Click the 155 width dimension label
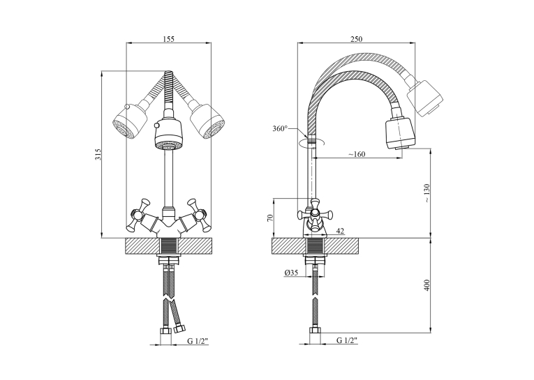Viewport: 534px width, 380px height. [169, 39]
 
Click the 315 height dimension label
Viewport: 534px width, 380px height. [98, 154]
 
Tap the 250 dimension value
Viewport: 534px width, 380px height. [356, 39]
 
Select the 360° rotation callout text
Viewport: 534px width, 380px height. [280, 128]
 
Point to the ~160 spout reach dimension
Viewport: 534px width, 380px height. [357, 154]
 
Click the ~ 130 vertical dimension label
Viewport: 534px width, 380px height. [427, 193]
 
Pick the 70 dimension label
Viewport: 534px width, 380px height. [270, 218]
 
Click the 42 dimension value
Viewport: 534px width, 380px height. [340, 231]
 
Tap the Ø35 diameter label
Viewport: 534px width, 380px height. [290, 273]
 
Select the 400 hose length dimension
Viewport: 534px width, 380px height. [427, 285]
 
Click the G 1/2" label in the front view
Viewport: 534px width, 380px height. [197, 341]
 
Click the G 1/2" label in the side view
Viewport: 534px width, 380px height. [347, 340]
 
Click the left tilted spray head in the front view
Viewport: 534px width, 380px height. [130, 122]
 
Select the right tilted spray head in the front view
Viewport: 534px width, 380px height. [207, 122]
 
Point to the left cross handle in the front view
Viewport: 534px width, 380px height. [139, 215]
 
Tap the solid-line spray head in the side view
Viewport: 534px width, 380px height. [400, 133]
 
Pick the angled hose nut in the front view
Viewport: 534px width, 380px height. [179, 328]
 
